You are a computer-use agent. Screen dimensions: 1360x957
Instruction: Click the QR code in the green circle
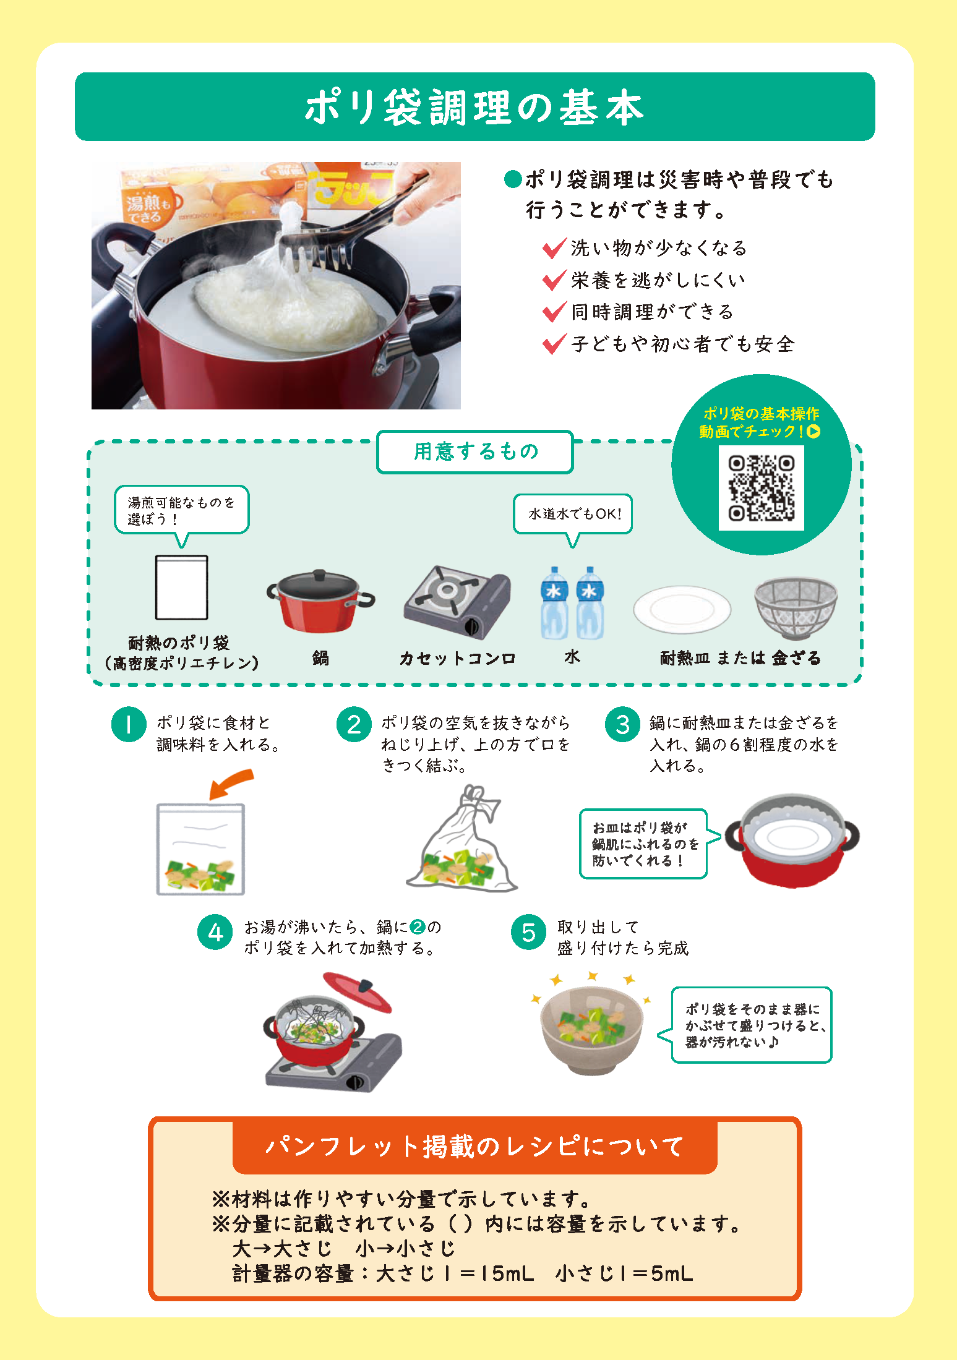(x=761, y=488)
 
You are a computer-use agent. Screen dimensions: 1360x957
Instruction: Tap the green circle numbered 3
(x=622, y=724)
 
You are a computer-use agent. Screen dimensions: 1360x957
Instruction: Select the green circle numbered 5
(x=528, y=932)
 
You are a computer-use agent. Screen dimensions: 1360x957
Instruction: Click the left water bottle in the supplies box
(x=554, y=603)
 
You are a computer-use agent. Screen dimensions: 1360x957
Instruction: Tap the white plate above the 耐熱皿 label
(x=682, y=609)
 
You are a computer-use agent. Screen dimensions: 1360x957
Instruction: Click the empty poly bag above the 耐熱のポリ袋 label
(x=181, y=587)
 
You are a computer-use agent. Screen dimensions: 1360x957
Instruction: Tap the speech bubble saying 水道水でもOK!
(x=573, y=514)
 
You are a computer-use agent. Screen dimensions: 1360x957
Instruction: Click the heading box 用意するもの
(x=475, y=452)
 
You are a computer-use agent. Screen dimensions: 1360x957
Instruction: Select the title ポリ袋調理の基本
(x=474, y=107)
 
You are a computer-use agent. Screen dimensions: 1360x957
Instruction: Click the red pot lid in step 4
(x=358, y=991)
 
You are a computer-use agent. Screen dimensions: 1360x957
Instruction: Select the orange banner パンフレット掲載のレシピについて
(x=474, y=1147)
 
